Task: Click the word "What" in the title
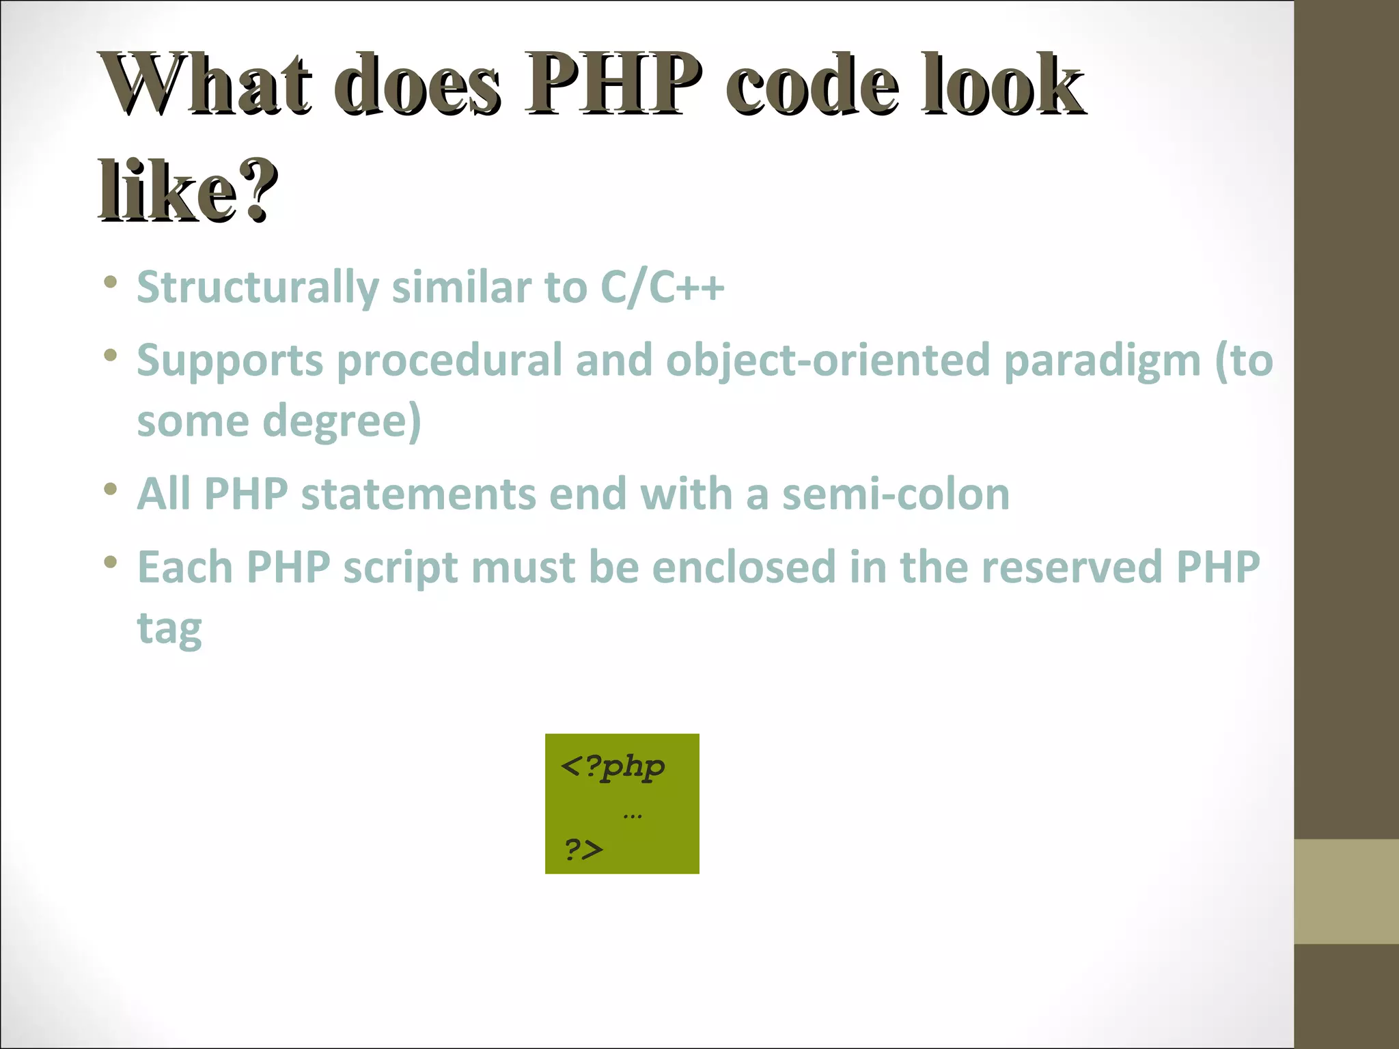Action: click(205, 85)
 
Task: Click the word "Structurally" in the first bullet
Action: click(258, 288)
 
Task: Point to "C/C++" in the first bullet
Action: click(661, 288)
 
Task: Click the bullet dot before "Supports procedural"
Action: click(111, 355)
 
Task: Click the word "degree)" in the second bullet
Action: click(342, 421)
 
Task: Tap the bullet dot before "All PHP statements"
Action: click(111, 489)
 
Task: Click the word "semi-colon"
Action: click(895, 494)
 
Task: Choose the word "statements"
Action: click(418, 494)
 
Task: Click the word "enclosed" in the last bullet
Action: click(744, 567)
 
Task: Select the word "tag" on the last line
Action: click(169, 628)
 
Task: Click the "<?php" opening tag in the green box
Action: click(612, 767)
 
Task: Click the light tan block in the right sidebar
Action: click(1346, 891)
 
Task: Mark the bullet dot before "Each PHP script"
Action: click(111, 562)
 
